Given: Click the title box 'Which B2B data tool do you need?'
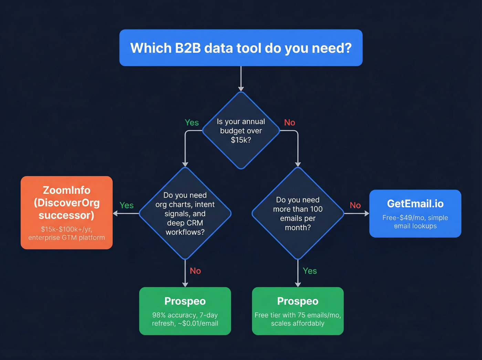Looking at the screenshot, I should [x=241, y=48].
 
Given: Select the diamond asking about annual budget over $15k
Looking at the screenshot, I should [x=241, y=131].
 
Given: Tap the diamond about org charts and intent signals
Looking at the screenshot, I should [x=185, y=214].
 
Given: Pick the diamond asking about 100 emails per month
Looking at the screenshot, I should [x=298, y=214].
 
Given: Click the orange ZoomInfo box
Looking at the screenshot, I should [x=66, y=213].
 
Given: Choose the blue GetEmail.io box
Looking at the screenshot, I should [x=415, y=214].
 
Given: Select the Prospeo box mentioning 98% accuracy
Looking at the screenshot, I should [x=185, y=311].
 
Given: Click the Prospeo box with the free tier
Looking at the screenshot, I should [x=298, y=311].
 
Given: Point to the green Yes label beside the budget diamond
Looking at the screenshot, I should [x=192, y=123].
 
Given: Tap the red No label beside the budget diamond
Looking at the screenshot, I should [x=290, y=123].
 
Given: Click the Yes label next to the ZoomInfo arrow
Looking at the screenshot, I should [x=126, y=205].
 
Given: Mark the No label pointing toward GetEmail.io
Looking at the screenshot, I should [x=355, y=205].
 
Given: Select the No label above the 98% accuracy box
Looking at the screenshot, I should [x=195, y=271].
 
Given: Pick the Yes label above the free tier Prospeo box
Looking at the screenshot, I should [x=310, y=271].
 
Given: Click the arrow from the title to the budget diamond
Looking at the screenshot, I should [x=241, y=79].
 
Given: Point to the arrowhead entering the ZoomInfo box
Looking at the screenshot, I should [x=116, y=214].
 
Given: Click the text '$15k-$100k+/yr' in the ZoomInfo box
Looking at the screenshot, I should [x=66, y=229].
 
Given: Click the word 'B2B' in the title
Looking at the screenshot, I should [x=188, y=48].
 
